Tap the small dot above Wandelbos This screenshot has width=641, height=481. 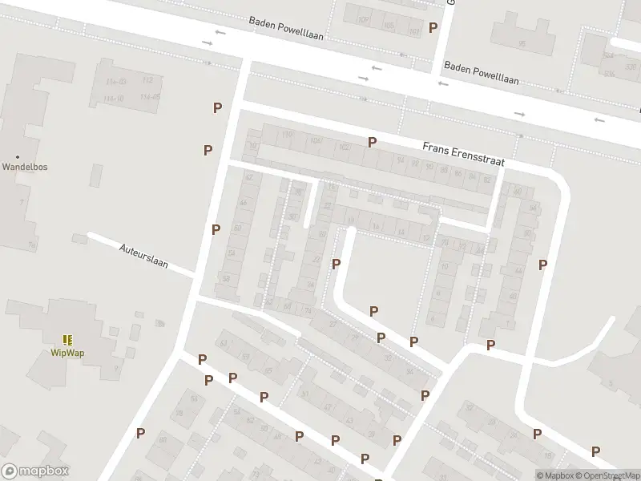[18, 157]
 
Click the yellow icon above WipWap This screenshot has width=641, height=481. [67, 340]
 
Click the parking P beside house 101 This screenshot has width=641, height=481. [433, 27]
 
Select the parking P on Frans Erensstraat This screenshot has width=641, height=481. [372, 142]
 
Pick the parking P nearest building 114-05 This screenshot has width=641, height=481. [217, 107]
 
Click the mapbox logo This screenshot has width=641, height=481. [35, 471]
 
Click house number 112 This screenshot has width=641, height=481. [147, 81]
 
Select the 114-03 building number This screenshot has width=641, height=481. [116, 81]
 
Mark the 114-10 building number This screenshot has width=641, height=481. [113, 99]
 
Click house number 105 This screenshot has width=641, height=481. [389, 26]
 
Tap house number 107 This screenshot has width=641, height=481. [363, 19]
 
